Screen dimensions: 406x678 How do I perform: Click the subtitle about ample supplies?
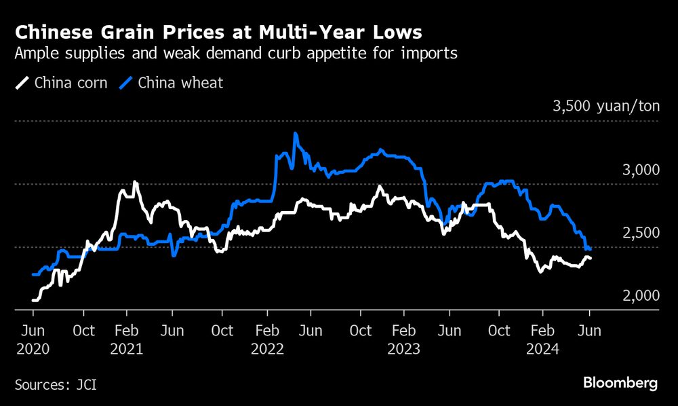click(236, 54)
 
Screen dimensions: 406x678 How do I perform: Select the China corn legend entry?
click(62, 84)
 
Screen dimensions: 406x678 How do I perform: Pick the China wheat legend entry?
click(172, 84)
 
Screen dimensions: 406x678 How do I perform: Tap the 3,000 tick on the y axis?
click(641, 170)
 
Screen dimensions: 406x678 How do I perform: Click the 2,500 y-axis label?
click(641, 233)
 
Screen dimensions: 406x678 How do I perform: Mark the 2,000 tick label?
click(641, 296)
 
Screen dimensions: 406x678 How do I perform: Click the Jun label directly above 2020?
click(33, 331)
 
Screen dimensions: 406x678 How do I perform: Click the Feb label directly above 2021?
click(126, 331)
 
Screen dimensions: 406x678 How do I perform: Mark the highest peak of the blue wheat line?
click(295, 134)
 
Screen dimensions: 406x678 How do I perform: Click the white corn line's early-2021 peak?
click(135, 182)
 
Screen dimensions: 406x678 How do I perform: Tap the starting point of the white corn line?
click(33, 299)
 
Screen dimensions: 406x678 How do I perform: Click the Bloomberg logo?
click(620, 384)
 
